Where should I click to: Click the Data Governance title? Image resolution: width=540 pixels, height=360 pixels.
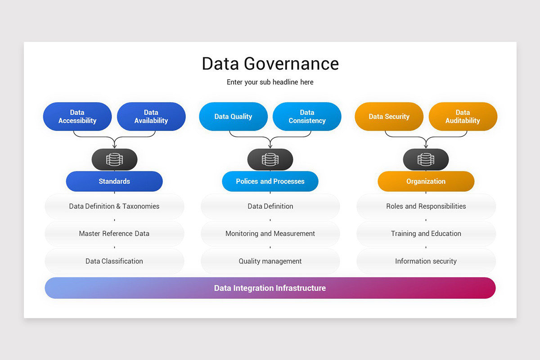270,63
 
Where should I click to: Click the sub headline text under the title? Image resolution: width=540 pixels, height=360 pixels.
270,82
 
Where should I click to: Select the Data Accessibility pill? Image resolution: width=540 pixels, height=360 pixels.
77,117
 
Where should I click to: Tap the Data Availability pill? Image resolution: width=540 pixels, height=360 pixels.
151,117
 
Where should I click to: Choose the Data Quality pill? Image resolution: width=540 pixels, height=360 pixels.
233,117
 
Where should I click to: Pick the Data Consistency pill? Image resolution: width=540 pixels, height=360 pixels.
307,117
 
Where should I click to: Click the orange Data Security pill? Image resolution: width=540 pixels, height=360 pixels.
389,117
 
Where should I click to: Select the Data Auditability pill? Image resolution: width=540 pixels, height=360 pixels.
463,117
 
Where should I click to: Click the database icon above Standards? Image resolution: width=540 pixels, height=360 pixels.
114,159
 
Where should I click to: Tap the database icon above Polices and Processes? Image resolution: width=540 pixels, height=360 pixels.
270,159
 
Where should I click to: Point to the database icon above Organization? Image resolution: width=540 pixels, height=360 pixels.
426,159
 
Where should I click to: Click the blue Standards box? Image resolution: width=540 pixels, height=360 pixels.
114,181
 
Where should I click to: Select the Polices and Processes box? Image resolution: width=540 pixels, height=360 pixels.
270,181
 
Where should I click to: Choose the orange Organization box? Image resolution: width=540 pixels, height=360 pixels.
426,181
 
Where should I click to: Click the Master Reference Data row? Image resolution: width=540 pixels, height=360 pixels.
114,234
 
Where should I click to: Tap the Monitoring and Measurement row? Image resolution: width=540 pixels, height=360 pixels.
270,234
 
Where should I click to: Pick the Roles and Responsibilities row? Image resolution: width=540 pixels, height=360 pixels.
426,206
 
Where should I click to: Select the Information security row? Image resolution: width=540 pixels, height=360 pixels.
426,261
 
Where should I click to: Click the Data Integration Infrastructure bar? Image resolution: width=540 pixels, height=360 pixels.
270,288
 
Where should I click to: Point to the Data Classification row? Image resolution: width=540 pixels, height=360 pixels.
114,261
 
